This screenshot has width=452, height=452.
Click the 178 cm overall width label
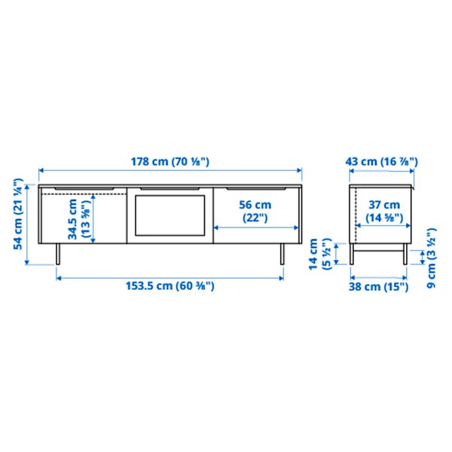170,162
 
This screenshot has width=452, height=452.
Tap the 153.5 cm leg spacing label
170,286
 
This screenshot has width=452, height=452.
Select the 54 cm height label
18,214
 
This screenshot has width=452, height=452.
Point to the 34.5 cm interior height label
79,218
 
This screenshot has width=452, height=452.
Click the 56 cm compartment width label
255,211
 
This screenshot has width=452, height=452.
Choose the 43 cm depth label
381,162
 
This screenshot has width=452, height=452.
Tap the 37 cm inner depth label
384,211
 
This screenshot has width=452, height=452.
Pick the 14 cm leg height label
320,254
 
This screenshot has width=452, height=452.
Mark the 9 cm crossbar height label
432,258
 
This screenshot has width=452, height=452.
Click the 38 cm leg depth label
378,287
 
